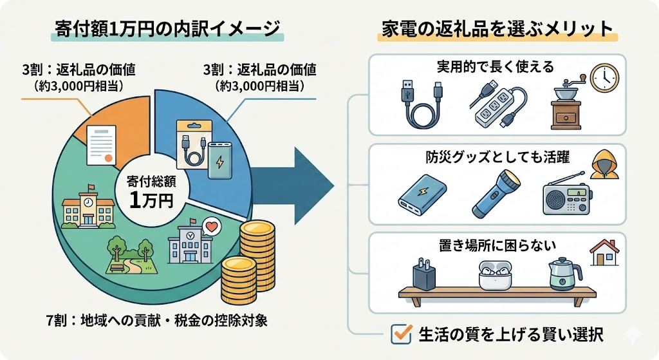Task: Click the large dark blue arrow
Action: tap(290, 187)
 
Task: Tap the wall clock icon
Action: tap(604, 78)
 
